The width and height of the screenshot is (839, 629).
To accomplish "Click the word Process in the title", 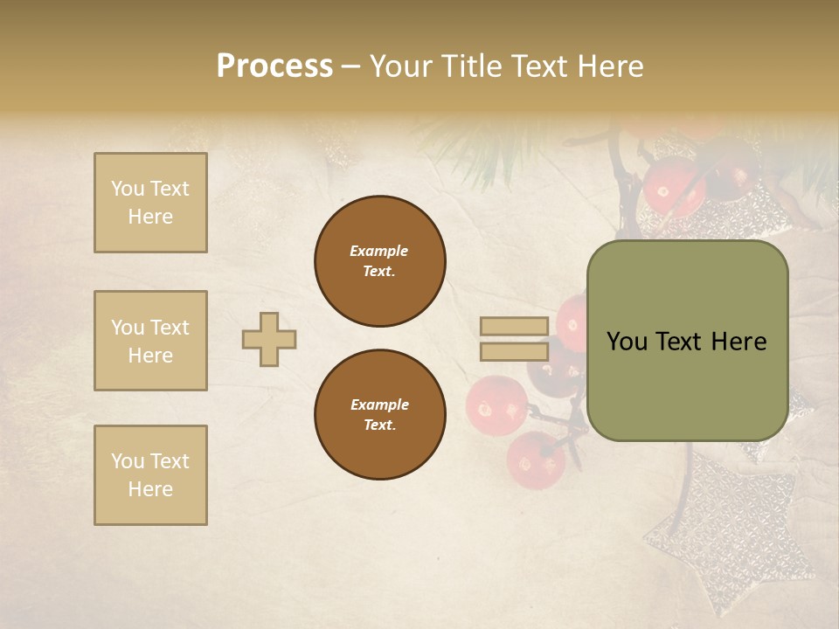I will click(274, 66).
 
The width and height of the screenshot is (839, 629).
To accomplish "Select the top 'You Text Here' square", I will click(150, 203).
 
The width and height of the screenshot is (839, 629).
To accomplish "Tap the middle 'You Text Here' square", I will click(150, 341).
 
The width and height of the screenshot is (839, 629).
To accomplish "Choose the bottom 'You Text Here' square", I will click(150, 475).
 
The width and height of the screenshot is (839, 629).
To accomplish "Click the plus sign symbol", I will click(269, 339).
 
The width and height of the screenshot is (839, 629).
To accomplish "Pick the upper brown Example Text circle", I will click(380, 261).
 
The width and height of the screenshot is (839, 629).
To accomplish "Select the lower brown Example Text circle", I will click(380, 415).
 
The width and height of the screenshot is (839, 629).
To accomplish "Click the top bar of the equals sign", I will click(514, 326).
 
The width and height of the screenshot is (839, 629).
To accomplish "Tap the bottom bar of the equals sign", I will click(514, 351).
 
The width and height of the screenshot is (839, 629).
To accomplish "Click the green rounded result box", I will click(687, 341).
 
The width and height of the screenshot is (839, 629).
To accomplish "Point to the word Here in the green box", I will click(738, 342).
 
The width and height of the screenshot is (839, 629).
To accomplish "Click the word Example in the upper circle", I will click(378, 251).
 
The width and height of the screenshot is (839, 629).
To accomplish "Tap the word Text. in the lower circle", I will click(380, 425).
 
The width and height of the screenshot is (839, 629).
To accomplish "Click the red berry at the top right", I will click(674, 184).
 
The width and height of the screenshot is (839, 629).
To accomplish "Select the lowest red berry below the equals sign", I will click(535, 460).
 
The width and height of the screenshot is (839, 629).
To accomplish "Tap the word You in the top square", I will click(127, 189).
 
